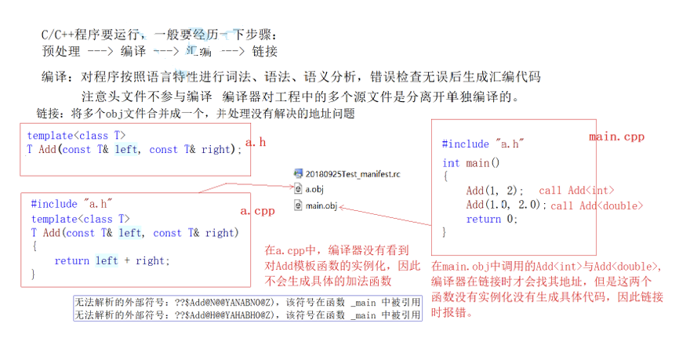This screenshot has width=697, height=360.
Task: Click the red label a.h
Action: [256, 142]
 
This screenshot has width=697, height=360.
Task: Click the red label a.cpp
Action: [256, 212]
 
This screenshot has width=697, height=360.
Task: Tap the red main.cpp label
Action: [616, 136]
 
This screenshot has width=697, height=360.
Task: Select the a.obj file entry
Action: [314, 189]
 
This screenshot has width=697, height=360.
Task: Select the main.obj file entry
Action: [321, 205]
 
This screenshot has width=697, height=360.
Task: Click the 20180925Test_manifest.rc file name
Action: [352, 173]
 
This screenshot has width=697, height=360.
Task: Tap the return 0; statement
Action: [492, 219]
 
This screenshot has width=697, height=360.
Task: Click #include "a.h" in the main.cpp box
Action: [482, 144]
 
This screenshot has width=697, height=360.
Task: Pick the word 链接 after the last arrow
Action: [264, 52]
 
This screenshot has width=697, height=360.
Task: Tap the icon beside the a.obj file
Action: [298, 189]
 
